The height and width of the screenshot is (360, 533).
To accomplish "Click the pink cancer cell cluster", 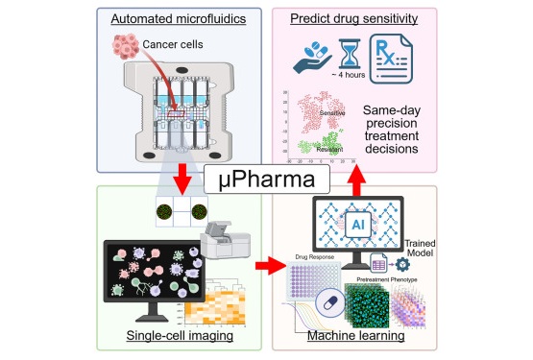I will point(127,45).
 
